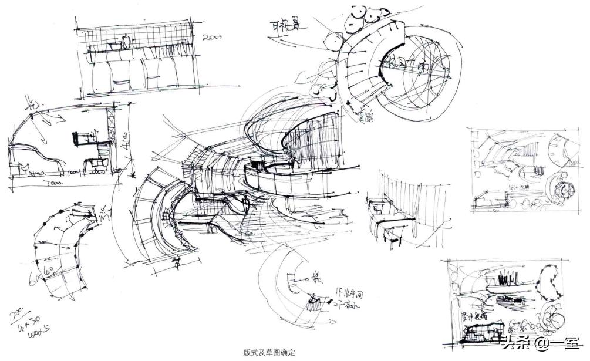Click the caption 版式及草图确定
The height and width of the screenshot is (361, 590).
269,353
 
